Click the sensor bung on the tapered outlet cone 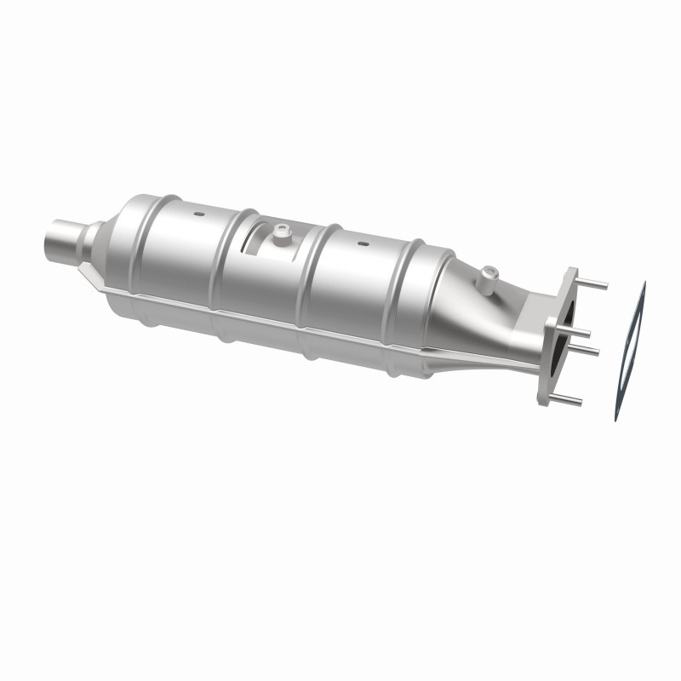[487, 274]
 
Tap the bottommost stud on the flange [571, 400]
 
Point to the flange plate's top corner [568, 272]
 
